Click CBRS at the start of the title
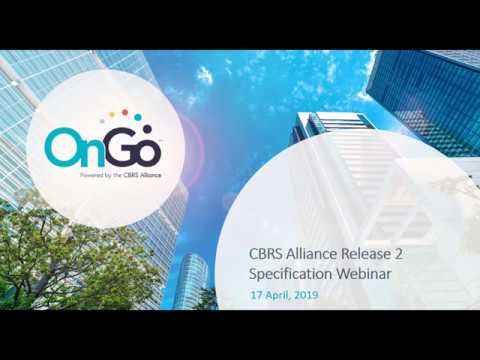point(266,253)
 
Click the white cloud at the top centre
point(205,75)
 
